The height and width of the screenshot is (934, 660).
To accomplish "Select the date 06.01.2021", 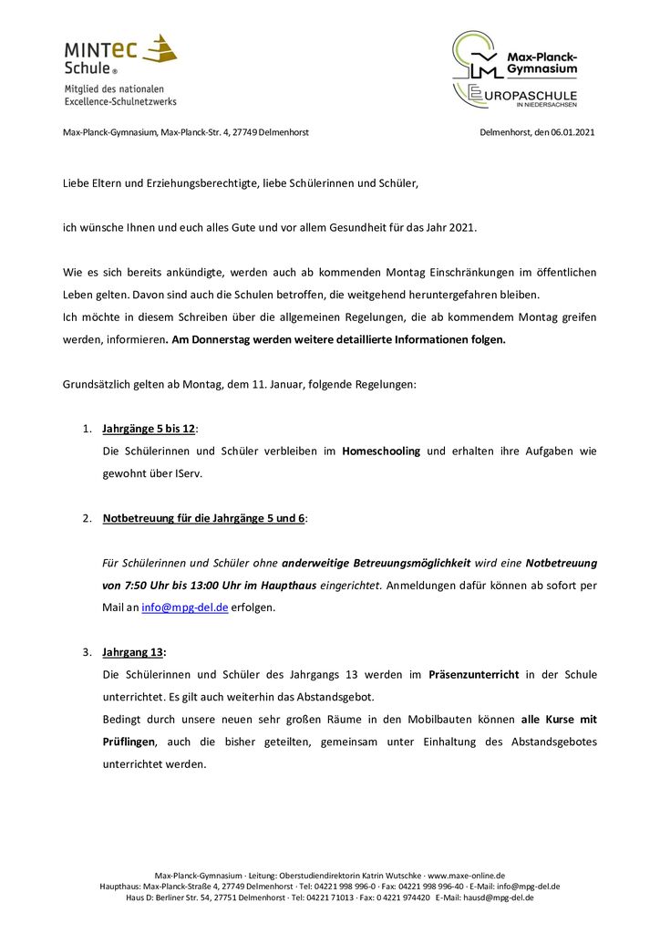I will (x=572, y=132).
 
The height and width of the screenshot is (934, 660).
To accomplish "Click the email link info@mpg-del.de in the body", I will (x=184, y=607).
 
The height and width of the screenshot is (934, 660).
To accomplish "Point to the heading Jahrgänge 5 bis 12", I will (x=149, y=429).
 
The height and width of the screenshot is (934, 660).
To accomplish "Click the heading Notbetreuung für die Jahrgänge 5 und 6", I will (x=203, y=518).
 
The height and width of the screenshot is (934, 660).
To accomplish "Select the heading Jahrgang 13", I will (x=134, y=652).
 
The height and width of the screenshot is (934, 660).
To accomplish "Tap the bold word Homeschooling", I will (x=381, y=451).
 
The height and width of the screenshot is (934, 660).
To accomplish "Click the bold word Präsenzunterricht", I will (x=474, y=675).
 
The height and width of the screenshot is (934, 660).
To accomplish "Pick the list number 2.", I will (x=87, y=518).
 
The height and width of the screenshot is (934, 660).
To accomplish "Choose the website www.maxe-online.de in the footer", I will (x=466, y=875).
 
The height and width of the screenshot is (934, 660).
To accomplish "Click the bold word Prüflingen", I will (x=130, y=742).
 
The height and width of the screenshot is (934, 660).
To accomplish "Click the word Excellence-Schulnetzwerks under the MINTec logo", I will (x=120, y=101).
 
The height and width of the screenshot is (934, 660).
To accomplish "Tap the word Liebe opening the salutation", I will (x=77, y=183).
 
